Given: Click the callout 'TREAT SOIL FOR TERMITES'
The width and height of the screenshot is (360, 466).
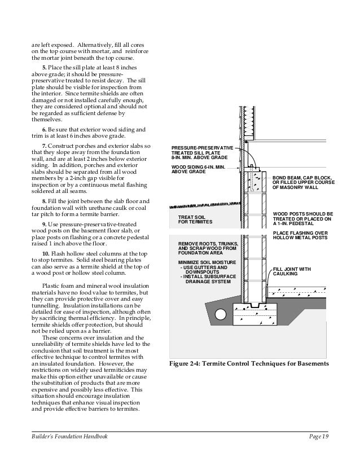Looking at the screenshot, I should pos(195,219).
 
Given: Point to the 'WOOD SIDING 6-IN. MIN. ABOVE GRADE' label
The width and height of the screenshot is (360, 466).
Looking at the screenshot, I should pos(197,170).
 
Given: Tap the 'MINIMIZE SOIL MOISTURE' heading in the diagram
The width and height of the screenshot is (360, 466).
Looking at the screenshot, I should pos(204,262).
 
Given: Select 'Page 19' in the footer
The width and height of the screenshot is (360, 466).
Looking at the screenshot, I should pos(319,437).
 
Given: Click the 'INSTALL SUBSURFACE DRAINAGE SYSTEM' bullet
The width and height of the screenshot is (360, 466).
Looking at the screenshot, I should pos(206,278).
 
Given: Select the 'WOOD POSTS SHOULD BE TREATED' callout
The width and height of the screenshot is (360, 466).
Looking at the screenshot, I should pos(302,218).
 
